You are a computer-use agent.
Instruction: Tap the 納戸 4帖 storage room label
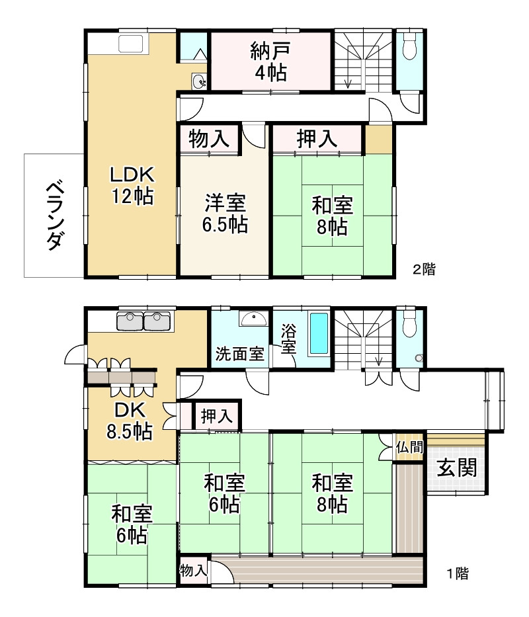[x=270, y=62]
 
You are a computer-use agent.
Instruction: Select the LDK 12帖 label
[x=132, y=185]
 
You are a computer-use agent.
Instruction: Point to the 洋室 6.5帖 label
[x=225, y=214]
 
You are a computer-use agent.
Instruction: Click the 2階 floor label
[x=424, y=269]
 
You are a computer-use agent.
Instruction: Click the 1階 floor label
[x=458, y=573]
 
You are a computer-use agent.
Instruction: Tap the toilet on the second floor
[x=410, y=46]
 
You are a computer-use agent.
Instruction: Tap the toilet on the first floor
[x=410, y=324]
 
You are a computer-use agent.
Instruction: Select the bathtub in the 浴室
[x=319, y=333]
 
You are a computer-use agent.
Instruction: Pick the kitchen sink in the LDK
[x=131, y=43]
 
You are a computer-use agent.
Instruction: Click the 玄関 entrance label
[x=457, y=467]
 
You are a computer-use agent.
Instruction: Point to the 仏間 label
[x=410, y=447]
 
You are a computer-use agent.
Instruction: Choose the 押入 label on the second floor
[x=317, y=138]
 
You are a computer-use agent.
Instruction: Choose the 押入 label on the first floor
[x=216, y=416]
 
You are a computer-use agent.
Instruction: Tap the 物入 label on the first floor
[x=193, y=570]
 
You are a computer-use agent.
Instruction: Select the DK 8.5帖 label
[x=130, y=421]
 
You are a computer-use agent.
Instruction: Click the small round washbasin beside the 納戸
[x=199, y=81]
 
